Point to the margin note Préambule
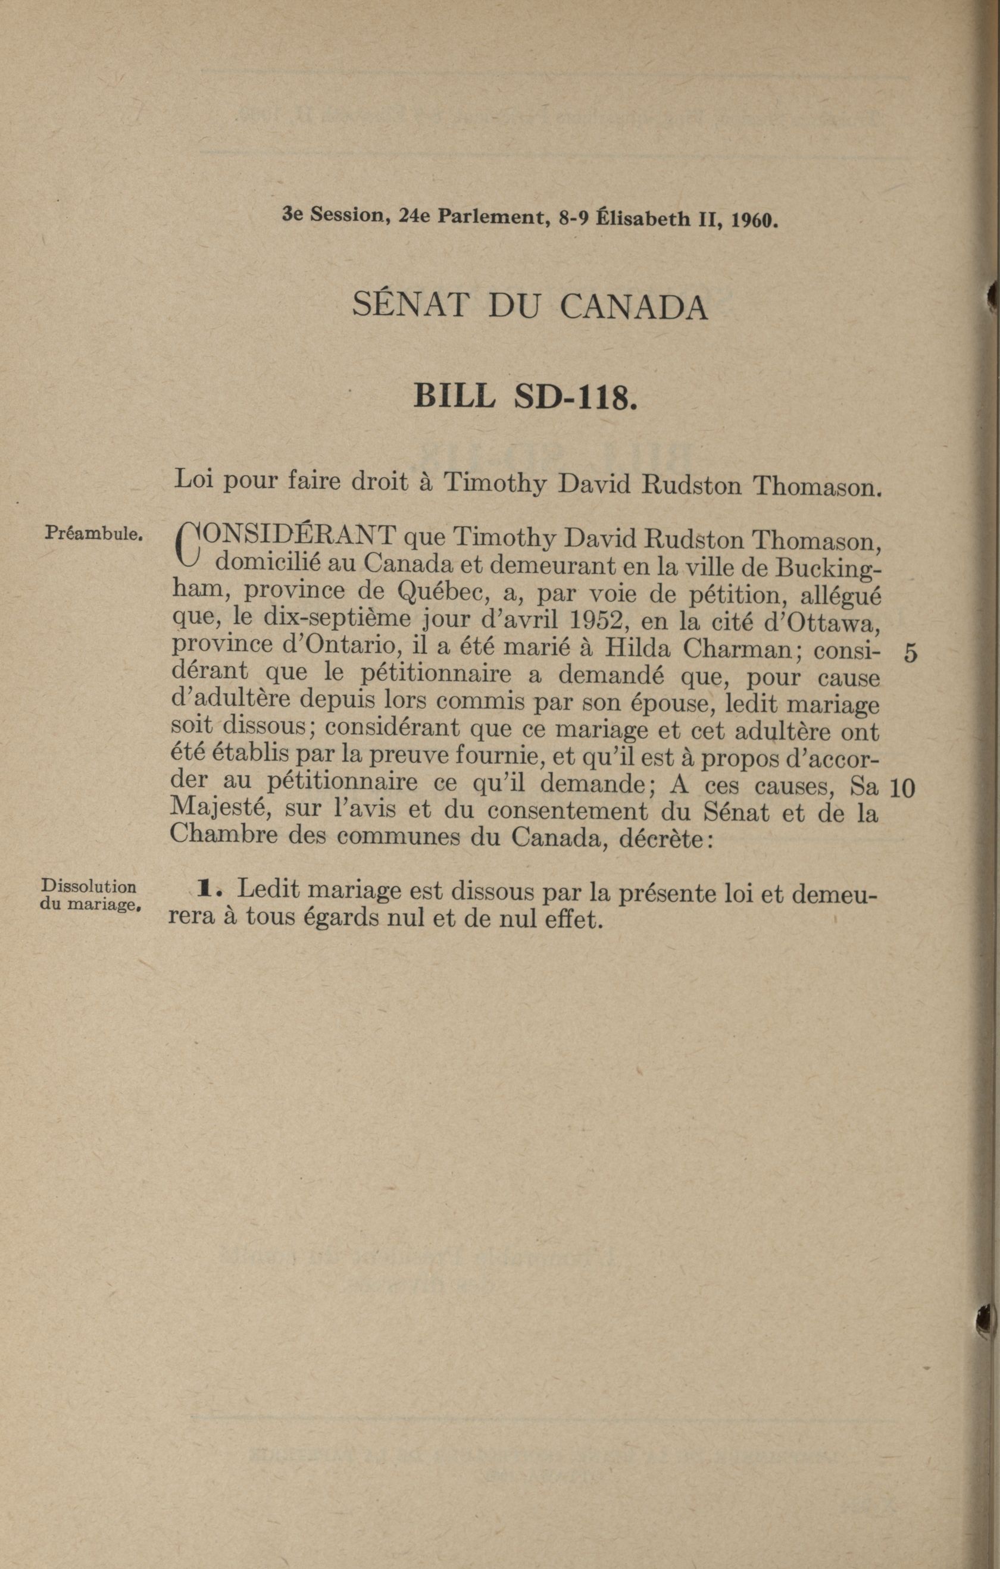(93, 534)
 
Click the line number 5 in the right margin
(910, 653)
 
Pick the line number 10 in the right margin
(902, 789)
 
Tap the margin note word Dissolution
(89, 887)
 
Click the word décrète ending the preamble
(665, 838)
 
